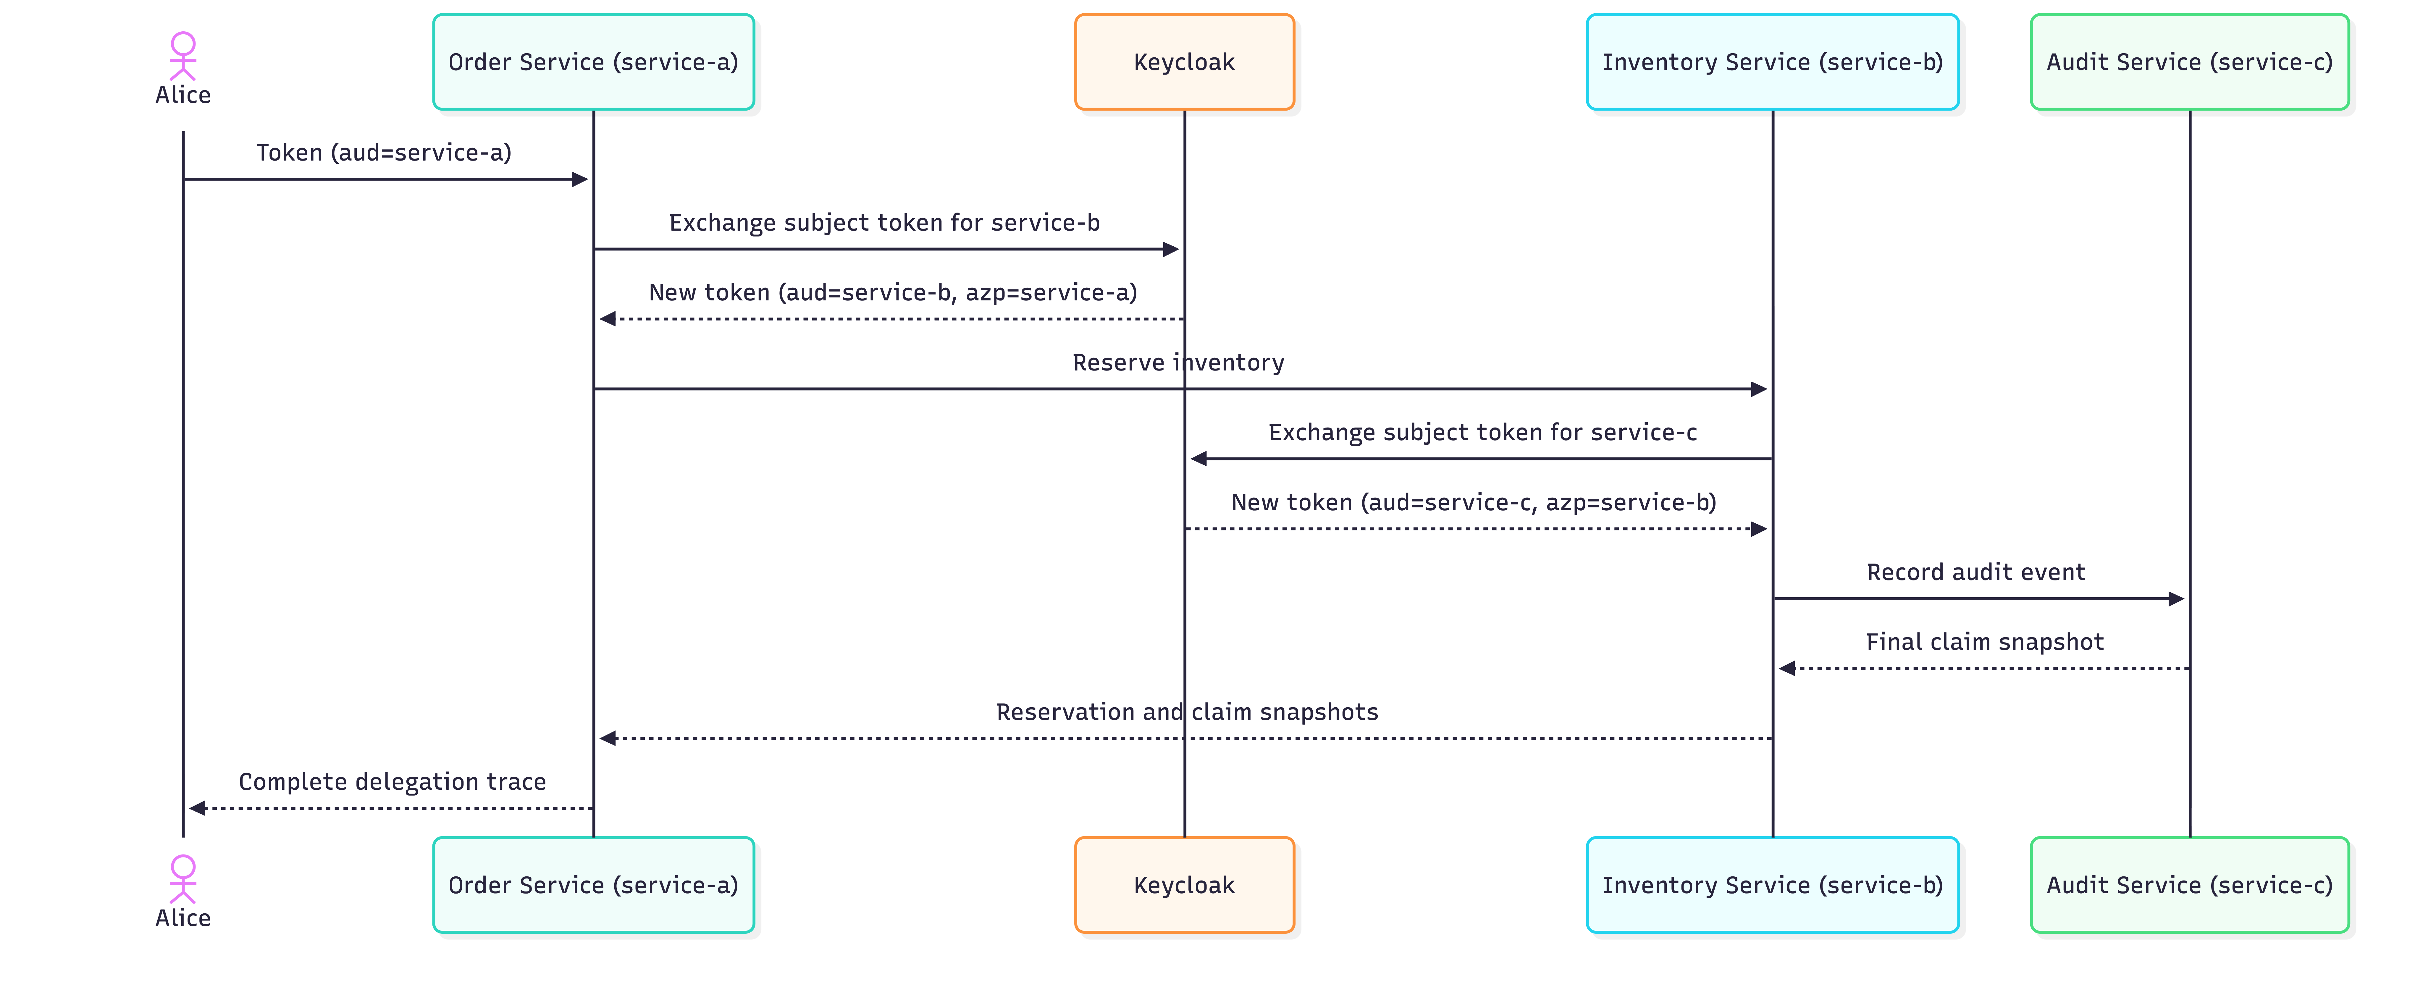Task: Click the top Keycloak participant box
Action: (x=1184, y=62)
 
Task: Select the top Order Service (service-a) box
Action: (x=594, y=62)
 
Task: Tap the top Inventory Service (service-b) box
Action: (x=1772, y=62)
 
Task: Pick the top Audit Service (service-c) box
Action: (x=2190, y=62)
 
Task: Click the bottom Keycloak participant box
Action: (x=1184, y=885)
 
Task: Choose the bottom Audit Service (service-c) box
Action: (x=2190, y=885)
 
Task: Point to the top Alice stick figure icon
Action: (x=182, y=56)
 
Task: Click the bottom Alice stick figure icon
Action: (x=182, y=879)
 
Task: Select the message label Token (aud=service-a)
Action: (x=384, y=152)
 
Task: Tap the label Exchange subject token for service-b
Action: (x=884, y=223)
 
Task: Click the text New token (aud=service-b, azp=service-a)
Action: (x=893, y=292)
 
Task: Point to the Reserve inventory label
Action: (x=1179, y=363)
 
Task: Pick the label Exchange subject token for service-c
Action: (x=1482, y=433)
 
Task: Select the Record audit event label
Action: (x=1975, y=573)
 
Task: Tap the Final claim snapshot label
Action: (x=1985, y=642)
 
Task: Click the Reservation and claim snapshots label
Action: (x=1187, y=712)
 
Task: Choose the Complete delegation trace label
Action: (x=392, y=782)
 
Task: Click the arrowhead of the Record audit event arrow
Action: (x=2176, y=599)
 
